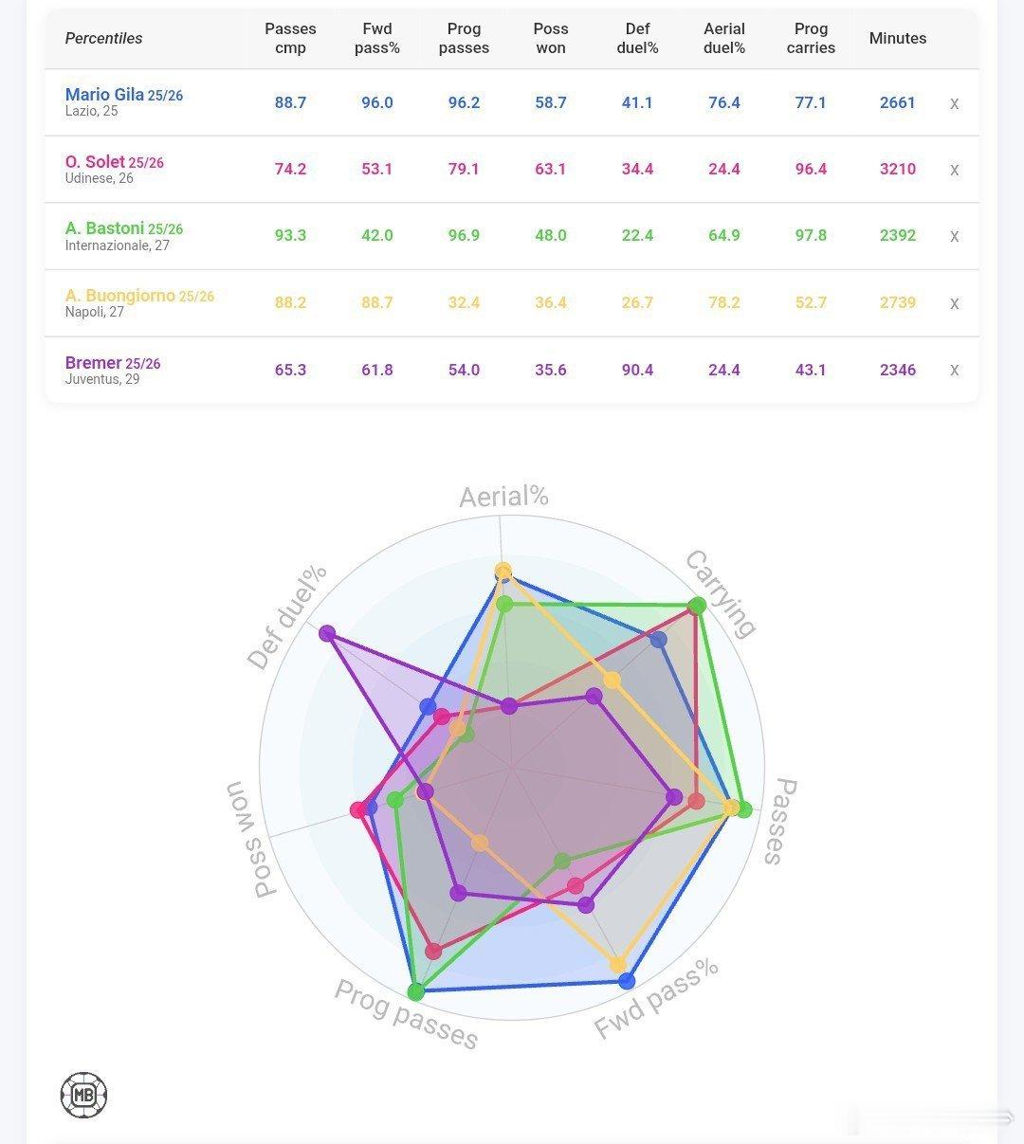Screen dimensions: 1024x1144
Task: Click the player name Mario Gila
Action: (104, 94)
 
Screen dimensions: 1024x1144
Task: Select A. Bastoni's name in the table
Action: (104, 227)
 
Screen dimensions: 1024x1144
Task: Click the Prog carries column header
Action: (811, 38)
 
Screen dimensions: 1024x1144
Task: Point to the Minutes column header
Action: (898, 38)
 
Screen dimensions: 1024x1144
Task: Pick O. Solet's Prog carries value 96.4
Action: (811, 169)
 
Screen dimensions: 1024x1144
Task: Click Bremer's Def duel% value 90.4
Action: (637, 370)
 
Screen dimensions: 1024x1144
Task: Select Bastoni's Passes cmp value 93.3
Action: (290, 235)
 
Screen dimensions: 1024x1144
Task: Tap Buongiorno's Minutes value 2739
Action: (898, 302)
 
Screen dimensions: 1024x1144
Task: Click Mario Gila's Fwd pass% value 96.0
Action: (376, 102)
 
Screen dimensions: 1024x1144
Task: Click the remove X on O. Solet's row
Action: (954, 170)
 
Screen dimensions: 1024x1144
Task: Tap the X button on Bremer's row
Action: (954, 370)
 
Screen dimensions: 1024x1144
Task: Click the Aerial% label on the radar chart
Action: (503, 497)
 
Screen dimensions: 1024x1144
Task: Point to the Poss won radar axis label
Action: (250, 839)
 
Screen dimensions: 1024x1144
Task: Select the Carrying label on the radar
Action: (721, 593)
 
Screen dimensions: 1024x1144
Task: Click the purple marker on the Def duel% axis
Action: (327, 633)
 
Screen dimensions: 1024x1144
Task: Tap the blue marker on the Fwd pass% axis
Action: (627, 981)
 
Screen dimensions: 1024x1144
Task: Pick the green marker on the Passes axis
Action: (744, 809)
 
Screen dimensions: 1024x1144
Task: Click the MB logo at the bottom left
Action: (83, 1095)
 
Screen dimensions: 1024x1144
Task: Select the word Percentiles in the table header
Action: (103, 39)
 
